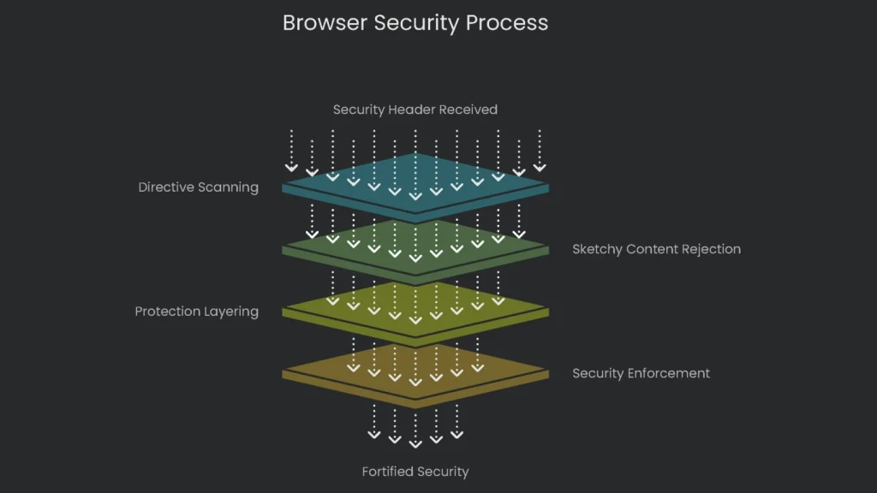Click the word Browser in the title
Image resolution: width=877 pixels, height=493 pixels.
(x=325, y=23)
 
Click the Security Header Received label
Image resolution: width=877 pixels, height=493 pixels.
(x=415, y=110)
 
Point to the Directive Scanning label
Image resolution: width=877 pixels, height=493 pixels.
(x=198, y=187)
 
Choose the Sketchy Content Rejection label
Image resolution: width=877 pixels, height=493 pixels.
(x=656, y=249)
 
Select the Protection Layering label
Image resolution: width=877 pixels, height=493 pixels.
(x=196, y=312)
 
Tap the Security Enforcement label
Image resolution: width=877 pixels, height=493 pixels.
(x=641, y=373)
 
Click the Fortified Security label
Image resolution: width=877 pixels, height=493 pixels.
(x=415, y=472)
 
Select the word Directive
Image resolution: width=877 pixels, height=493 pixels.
(x=166, y=187)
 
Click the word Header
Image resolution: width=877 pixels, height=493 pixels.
(x=408, y=110)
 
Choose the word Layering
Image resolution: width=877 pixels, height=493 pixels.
(x=231, y=312)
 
